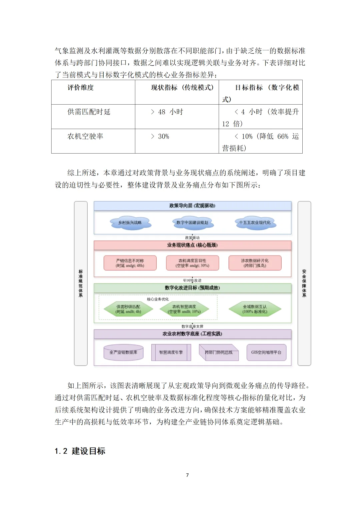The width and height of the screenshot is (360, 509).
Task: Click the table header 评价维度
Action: coord(81,88)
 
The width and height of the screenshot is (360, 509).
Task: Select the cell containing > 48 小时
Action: coord(167,112)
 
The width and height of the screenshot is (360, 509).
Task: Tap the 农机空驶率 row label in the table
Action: coord(85,136)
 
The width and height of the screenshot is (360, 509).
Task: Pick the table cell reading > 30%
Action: coord(160,136)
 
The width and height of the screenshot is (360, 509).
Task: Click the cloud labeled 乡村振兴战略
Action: coord(130,223)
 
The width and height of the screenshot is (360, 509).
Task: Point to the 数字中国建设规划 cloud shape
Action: coord(192,223)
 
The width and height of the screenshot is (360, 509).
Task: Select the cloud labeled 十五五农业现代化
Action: coord(255,223)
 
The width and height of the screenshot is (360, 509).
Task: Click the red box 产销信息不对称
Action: coord(130,263)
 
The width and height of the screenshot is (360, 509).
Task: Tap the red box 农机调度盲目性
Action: coord(192,263)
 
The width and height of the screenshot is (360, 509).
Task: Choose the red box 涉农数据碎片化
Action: coord(255,263)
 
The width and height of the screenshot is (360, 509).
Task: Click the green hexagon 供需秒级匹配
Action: coord(128,309)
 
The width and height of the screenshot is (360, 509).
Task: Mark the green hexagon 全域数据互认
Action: coord(255,309)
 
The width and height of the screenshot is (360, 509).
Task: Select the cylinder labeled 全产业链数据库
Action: coord(123,352)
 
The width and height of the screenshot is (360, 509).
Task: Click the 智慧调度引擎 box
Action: coord(171,352)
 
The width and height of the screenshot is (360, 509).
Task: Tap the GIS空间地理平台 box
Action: coord(266,352)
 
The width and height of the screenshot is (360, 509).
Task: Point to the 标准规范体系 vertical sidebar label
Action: coord(81,283)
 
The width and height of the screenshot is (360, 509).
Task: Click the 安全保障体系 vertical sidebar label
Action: coord(304,283)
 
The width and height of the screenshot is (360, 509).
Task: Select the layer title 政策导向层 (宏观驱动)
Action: coord(192,206)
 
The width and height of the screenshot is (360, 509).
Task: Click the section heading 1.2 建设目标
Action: coord(80,451)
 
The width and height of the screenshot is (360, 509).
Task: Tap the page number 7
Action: coord(187,475)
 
